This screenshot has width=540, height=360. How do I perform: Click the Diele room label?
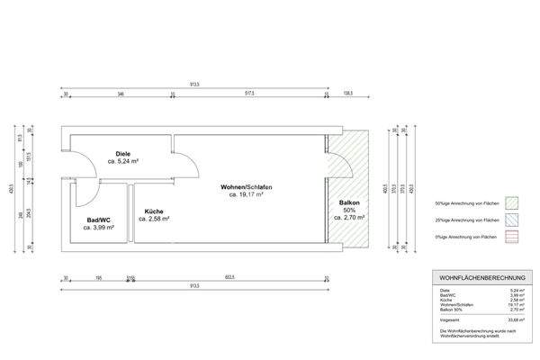pyautogui.click(x=121, y=154)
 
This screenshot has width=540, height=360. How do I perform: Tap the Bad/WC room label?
pyautogui.click(x=98, y=220)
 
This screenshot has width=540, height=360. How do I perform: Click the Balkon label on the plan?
pyautogui.click(x=348, y=203)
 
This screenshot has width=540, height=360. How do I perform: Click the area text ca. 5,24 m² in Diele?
pyautogui.click(x=122, y=162)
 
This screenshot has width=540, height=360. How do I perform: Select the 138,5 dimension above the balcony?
pyautogui.click(x=348, y=93)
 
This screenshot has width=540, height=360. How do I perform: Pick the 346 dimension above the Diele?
pyautogui.click(x=121, y=93)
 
